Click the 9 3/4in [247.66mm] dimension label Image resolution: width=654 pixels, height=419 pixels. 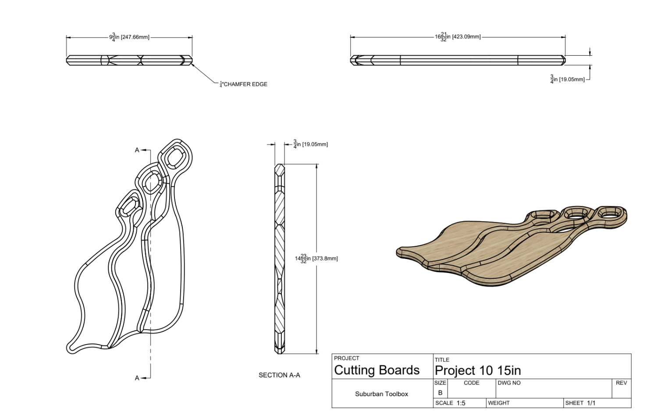coord(129,37)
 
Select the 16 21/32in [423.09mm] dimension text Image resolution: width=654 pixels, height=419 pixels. coord(458,37)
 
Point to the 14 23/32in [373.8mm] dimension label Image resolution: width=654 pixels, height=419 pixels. coord(316,259)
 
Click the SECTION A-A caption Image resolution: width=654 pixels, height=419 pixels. coord(279,375)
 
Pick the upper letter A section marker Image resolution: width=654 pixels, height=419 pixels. coord(137,150)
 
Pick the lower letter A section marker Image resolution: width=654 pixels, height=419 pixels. coord(137,378)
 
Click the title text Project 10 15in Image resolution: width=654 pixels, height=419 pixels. coord(478,370)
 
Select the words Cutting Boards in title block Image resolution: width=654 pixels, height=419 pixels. coord(377,370)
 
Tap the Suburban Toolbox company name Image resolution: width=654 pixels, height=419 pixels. coord(382,394)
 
